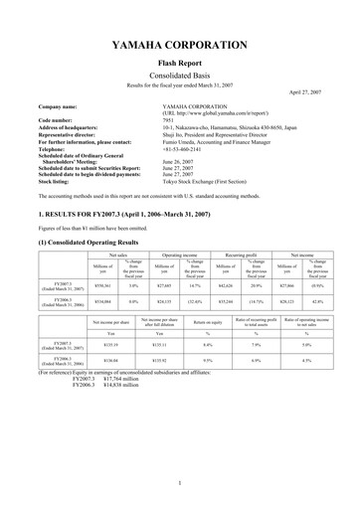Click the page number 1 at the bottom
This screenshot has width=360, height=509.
coord(179,483)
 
